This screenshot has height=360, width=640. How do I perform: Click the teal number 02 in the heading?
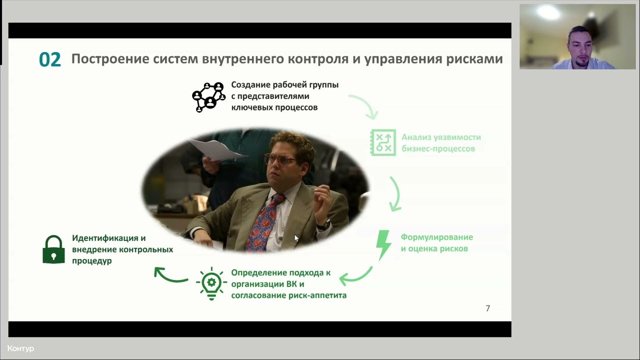pyautogui.click(x=49, y=59)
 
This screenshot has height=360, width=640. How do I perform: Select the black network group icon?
pyautogui.click(x=208, y=97)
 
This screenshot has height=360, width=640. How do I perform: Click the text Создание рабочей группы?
pyautogui.click(x=284, y=85)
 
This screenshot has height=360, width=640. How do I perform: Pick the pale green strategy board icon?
pyautogui.click(x=383, y=142)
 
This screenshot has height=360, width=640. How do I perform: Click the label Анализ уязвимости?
pyautogui.click(x=441, y=137)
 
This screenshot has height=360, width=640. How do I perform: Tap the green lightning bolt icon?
pyautogui.click(x=383, y=244)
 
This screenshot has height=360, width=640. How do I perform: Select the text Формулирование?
pyautogui.click(x=436, y=237)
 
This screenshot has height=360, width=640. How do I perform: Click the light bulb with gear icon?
pyautogui.click(x=211, y=283)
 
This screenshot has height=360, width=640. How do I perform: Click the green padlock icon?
pyautogui.click(x=53, y=249)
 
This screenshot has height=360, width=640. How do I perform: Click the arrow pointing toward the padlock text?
pyautogui.click(x=170, y=275)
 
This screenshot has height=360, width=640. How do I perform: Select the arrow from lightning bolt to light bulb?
pyautogui.click(x=356, y=276)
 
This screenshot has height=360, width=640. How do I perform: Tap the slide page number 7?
pyautogui.click(x=487, y=308)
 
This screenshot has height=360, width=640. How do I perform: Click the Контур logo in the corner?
pyautogui.click(x=20, y=348)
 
